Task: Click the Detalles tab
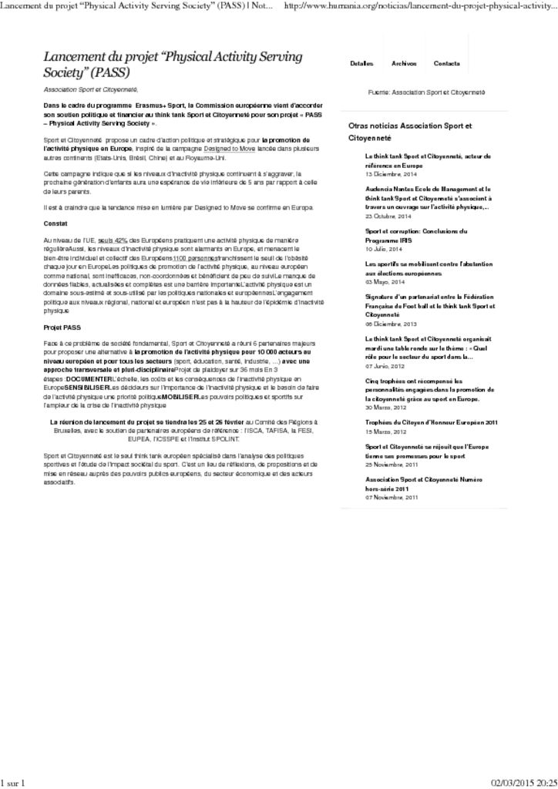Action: click(x=361, y=63)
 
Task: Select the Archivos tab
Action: click(x=404, y=63)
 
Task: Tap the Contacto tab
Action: click(x=447, y=63)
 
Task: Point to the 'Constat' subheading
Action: click(x=55, y=223)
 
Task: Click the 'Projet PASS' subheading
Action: click(x=62, y=327)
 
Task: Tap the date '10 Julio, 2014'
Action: click(x=383, y=249)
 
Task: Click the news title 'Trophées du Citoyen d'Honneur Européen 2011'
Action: click(x=431, y=422)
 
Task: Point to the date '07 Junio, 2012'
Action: click(x=385, y=366)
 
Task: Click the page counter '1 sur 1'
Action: click(x=13, y=783)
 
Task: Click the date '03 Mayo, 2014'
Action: click(x=384, y=282)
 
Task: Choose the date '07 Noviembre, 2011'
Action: click(x=391, y=497)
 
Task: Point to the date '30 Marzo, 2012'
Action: click(x=385, y=408)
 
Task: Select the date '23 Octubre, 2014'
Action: click(x=388, y=216)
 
